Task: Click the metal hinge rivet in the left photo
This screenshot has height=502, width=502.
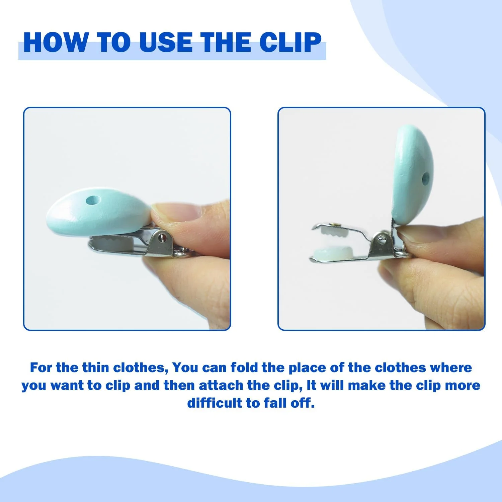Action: pos(163,237)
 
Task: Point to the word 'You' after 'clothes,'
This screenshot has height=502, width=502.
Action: pos(185,367)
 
